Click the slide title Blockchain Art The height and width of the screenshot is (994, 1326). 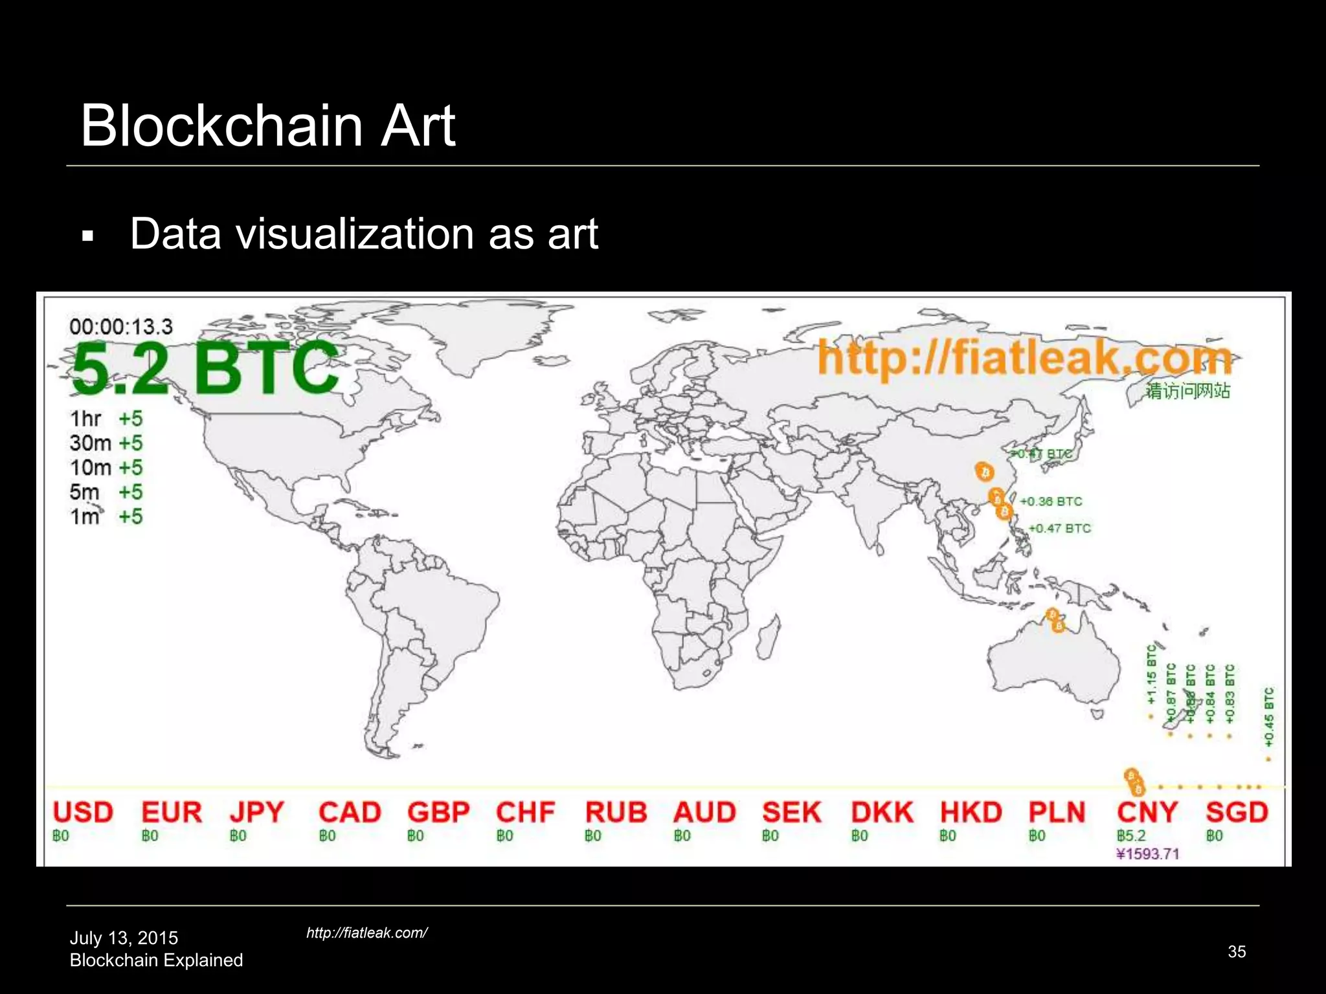point(268,126)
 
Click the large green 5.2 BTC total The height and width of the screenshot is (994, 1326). point(205,368)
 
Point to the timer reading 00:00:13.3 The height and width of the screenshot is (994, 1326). point(121,327)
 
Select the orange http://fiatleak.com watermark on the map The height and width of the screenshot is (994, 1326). point(1024,357)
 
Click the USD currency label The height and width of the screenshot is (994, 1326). point(83,812)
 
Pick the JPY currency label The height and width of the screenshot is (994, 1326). point(257,812)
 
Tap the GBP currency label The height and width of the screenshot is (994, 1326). point(438,812)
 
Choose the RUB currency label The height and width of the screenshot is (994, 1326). point(616,812)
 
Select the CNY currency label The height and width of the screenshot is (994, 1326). point(1147,812)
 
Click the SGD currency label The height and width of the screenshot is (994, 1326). point(1237,812)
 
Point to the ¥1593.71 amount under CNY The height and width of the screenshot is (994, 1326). point(1148,854)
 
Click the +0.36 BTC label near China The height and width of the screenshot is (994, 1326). point(1050,502)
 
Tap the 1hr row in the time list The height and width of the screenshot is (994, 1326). point(106,419)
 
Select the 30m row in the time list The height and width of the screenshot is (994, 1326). point(106,443)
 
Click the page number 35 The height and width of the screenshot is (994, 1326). point(1237,951)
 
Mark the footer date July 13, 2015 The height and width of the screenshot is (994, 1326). point(124,938)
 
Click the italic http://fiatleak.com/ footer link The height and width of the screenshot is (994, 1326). point(366,933)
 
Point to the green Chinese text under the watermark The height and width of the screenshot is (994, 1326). point(1187,391)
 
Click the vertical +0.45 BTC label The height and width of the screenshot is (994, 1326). point(1269,717)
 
